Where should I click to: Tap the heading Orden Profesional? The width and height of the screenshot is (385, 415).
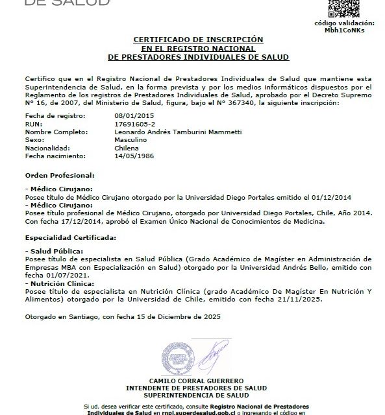[x=60, y=175]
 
